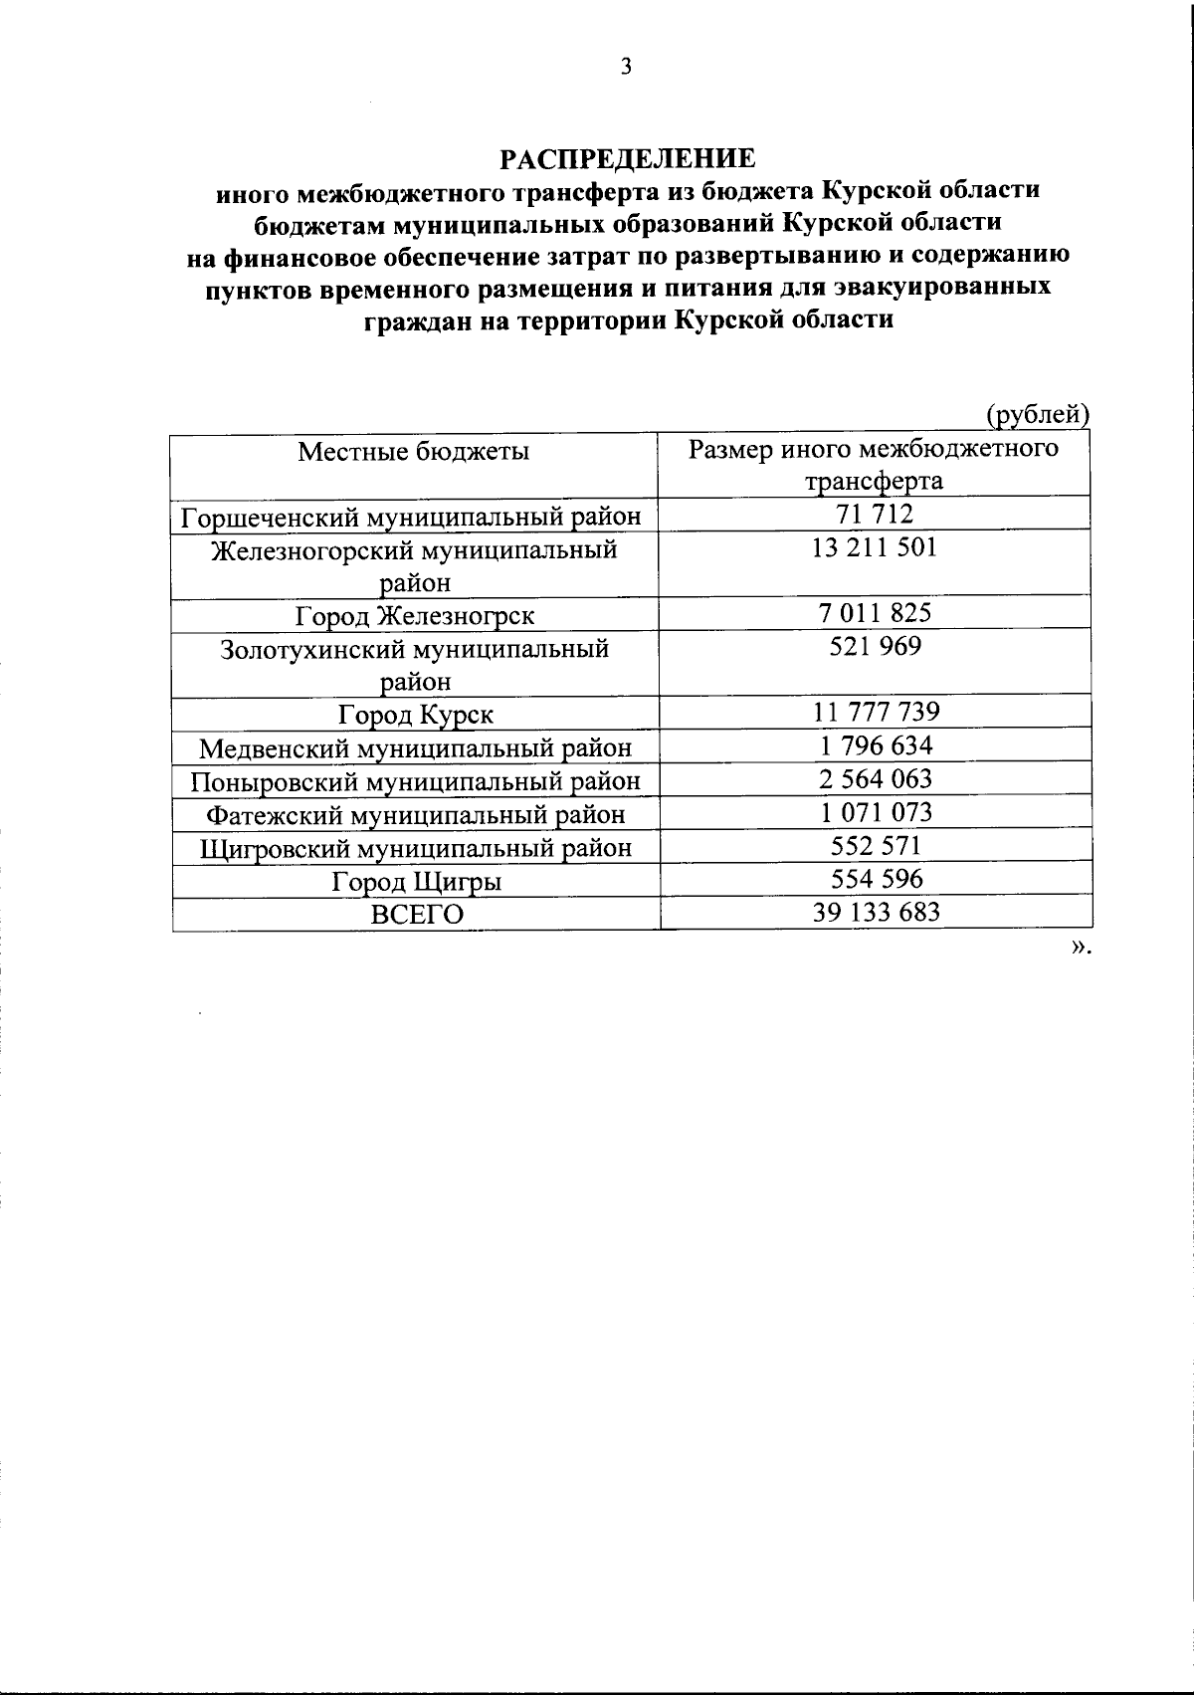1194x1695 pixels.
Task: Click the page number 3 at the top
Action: pos(625,67)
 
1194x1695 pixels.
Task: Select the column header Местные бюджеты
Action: pos(414,452)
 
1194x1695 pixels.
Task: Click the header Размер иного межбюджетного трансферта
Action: pos(874,466)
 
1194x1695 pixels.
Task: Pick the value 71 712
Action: pos(876,515)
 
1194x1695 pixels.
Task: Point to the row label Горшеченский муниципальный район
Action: pos(411,518)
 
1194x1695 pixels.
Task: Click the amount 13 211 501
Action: pos(875,548)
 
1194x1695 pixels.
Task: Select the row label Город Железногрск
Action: pos(415,616)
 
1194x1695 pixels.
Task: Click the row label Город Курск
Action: pos(415,715)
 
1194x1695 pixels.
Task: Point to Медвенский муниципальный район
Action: pos(415,748)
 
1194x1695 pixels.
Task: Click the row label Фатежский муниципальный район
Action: pos(415,815)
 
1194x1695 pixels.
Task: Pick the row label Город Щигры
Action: pos(416,882)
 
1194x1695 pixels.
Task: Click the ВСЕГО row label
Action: pos(417,915)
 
